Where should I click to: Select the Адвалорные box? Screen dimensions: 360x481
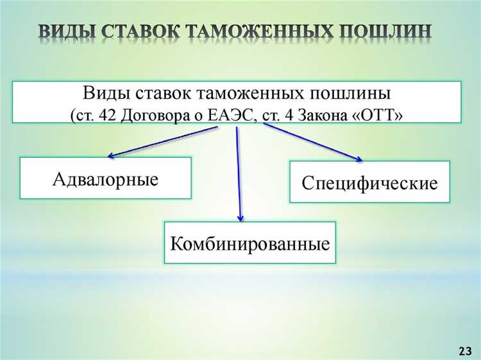pos(106,178)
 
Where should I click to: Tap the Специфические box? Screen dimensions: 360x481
pos(369,182)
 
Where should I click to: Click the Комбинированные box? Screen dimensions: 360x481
pos(250,243)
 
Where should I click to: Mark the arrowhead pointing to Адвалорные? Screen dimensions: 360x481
pos(110,155)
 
